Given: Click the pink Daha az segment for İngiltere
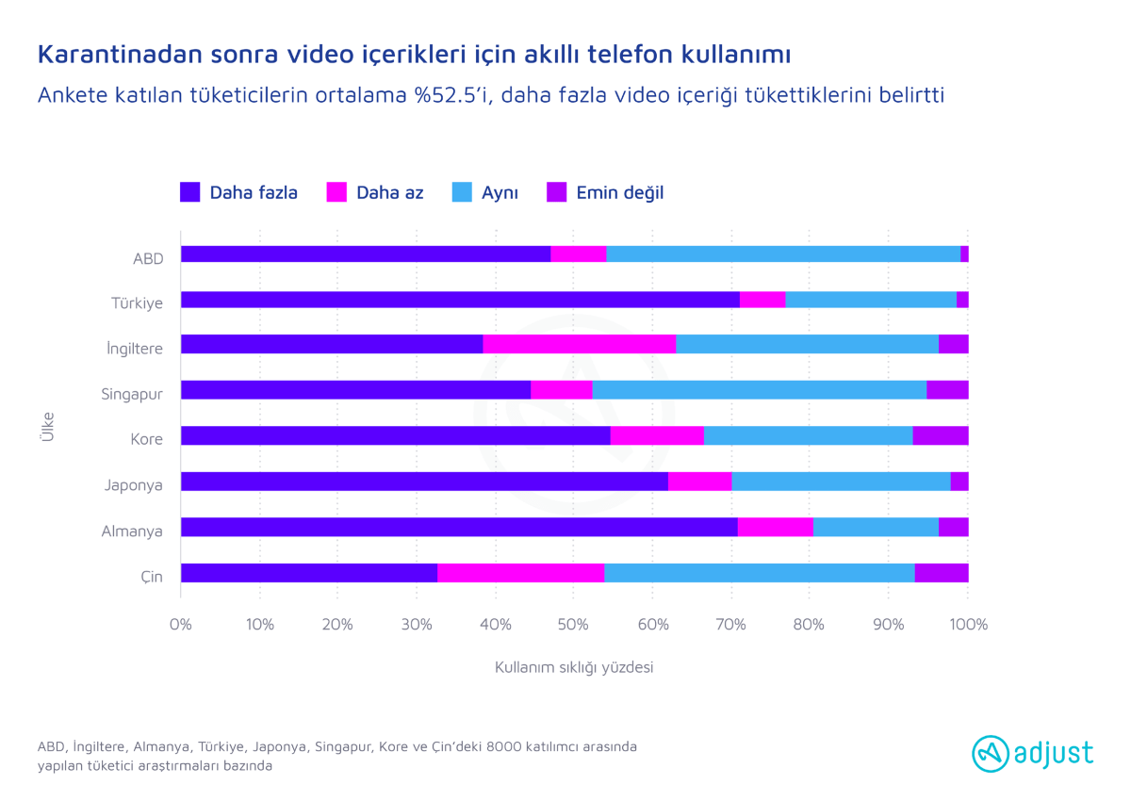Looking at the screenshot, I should [580, 344].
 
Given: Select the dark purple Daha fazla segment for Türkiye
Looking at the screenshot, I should [460, 300].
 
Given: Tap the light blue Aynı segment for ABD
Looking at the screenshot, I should [783, 253].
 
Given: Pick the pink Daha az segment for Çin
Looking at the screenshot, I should [520, 573].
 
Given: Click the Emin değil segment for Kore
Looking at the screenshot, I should [941, 435].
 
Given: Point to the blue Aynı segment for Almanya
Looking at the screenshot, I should [876, 527].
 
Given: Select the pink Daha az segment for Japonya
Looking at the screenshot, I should [699, 482].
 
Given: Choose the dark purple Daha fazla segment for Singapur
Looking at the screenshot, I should [355, 390].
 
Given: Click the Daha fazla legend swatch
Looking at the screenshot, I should [189, 192].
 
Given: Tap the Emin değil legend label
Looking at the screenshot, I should [620, 192].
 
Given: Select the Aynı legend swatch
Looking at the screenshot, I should [462, 192].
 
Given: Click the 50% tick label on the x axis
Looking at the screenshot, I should [574, 625].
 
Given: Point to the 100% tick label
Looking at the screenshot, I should [968, 625].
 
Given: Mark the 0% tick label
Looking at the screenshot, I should [180, 625].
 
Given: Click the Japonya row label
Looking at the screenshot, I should [133, 485].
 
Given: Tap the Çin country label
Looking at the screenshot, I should [151, 577].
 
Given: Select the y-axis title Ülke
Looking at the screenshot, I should [47, 429].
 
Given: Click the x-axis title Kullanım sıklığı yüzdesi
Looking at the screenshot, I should [574, 667].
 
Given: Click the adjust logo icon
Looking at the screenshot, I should [990, 753].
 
